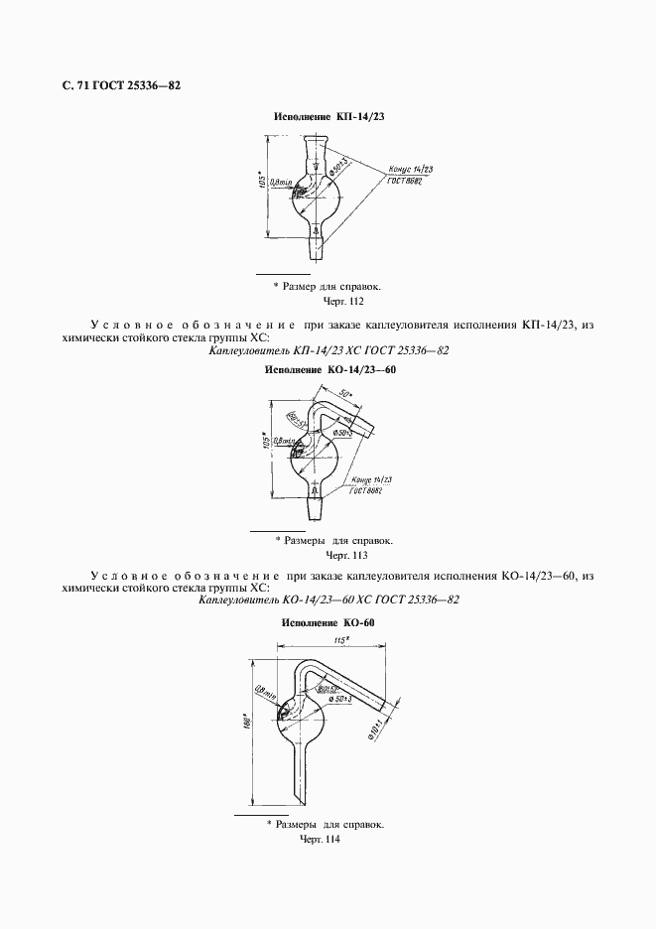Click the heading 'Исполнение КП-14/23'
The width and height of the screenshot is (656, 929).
328,117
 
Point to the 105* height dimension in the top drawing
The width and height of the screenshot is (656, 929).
273,189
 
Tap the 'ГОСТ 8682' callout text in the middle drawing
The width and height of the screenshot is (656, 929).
364,489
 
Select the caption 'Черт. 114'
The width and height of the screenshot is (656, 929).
320,840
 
